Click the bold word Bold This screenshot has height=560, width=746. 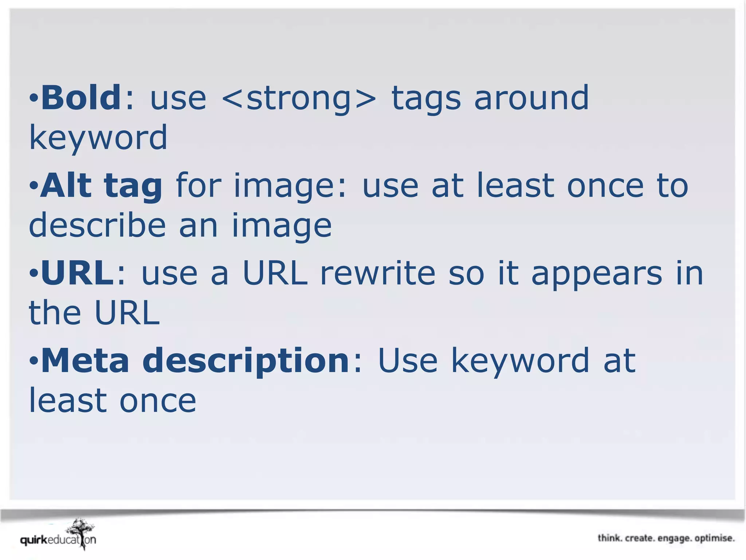click(81, 98)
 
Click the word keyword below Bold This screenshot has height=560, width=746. click(98, 138)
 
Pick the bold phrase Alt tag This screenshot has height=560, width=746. click(101, 186)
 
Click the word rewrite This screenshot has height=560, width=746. click(377, 273)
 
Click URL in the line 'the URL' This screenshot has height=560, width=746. click(127, 313)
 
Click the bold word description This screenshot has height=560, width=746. click(246, 361)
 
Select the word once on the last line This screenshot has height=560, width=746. click(158, 401)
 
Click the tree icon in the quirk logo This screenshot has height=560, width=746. click(81, 532)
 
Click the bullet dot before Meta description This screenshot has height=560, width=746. click(34, 361)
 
